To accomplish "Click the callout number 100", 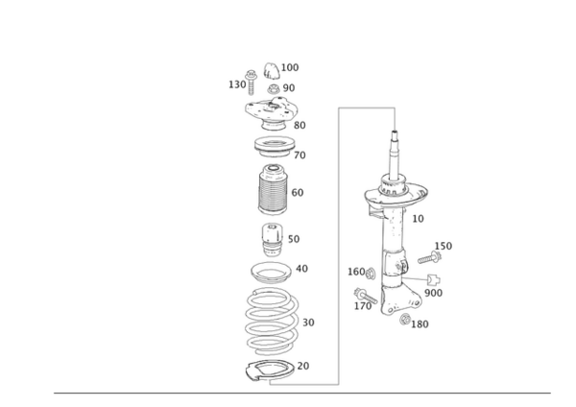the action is (290, 67).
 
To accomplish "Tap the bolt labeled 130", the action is (252, 82).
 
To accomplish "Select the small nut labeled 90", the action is (274, 89).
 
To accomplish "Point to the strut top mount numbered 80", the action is (271, 112).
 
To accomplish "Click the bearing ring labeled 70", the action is (275, 147).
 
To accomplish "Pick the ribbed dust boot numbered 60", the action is (273, 190).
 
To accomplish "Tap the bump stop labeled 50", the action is (273, 240).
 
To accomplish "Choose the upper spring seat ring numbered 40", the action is (271, 273).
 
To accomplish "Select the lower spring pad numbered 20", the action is (270, 371).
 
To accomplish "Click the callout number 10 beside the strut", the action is (418, 219).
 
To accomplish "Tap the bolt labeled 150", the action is (429, 257).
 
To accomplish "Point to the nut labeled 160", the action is (371, 273).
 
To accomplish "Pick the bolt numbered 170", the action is (366, 296).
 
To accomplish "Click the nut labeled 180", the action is (405, 320).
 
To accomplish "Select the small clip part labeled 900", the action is (434, 280).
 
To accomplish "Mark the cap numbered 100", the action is (272, 71).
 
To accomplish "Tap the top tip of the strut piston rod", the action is (395, 132).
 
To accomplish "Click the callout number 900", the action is (434, 293).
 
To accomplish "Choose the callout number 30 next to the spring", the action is (308, 323).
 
